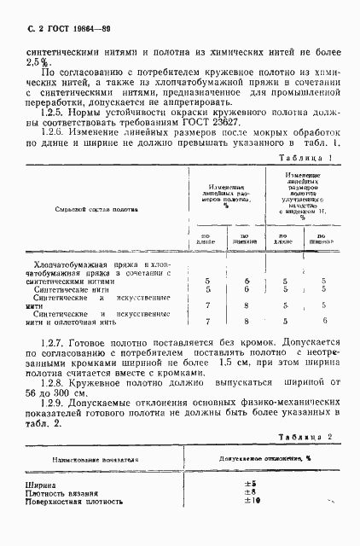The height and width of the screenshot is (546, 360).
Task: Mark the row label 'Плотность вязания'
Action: coord(58,492)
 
